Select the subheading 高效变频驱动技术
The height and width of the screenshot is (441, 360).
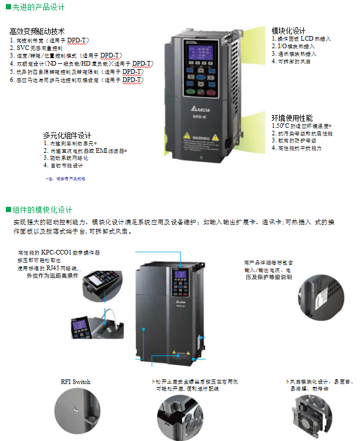37,31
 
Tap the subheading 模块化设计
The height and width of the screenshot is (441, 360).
289,30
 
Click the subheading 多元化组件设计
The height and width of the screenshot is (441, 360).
67,135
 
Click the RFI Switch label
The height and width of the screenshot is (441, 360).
75,382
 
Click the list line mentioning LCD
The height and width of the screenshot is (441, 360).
301,38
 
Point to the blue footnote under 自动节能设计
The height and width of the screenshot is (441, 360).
65,179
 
